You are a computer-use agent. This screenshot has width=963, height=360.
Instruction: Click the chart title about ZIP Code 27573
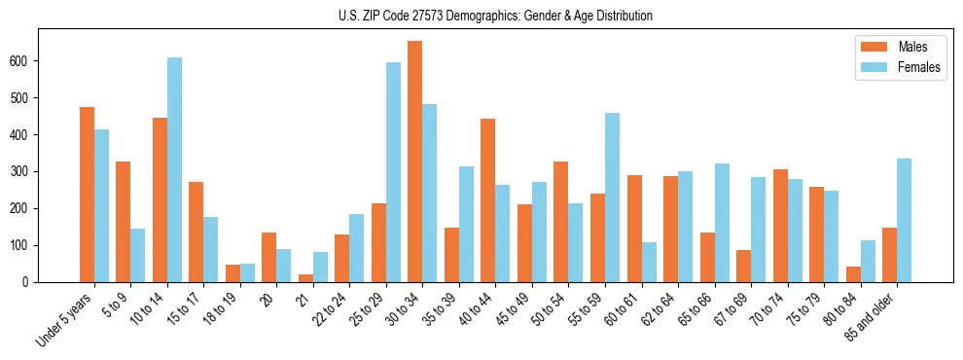(x=481, y=17)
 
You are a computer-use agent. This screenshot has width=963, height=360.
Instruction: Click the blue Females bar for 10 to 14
(x=174, y=170)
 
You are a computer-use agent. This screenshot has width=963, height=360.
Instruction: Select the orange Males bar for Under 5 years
(x=87, y=195)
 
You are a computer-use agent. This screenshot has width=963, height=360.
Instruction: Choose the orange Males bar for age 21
(x=305, y=278)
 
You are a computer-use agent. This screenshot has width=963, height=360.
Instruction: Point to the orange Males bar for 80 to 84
(x=853, y=274)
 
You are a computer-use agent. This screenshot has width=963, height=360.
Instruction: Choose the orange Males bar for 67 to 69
(x=743, y=266)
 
